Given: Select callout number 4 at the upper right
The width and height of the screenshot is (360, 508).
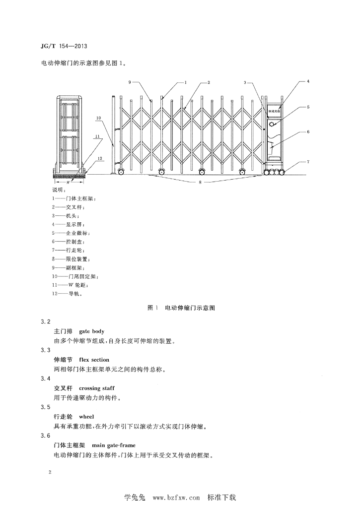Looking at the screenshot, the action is (x=308, y=81).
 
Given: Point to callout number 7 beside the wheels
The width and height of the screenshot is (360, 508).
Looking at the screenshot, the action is (x=308, y=162).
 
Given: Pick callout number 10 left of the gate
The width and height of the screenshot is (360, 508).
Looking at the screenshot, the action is (x=98, y=118).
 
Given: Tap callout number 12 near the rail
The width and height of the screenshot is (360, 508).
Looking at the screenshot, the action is (x=99, y=158).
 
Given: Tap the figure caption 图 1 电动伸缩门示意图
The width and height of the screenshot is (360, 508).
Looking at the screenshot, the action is (x=181, y=308).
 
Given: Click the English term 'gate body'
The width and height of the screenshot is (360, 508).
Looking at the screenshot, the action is (x=92, y=331).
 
